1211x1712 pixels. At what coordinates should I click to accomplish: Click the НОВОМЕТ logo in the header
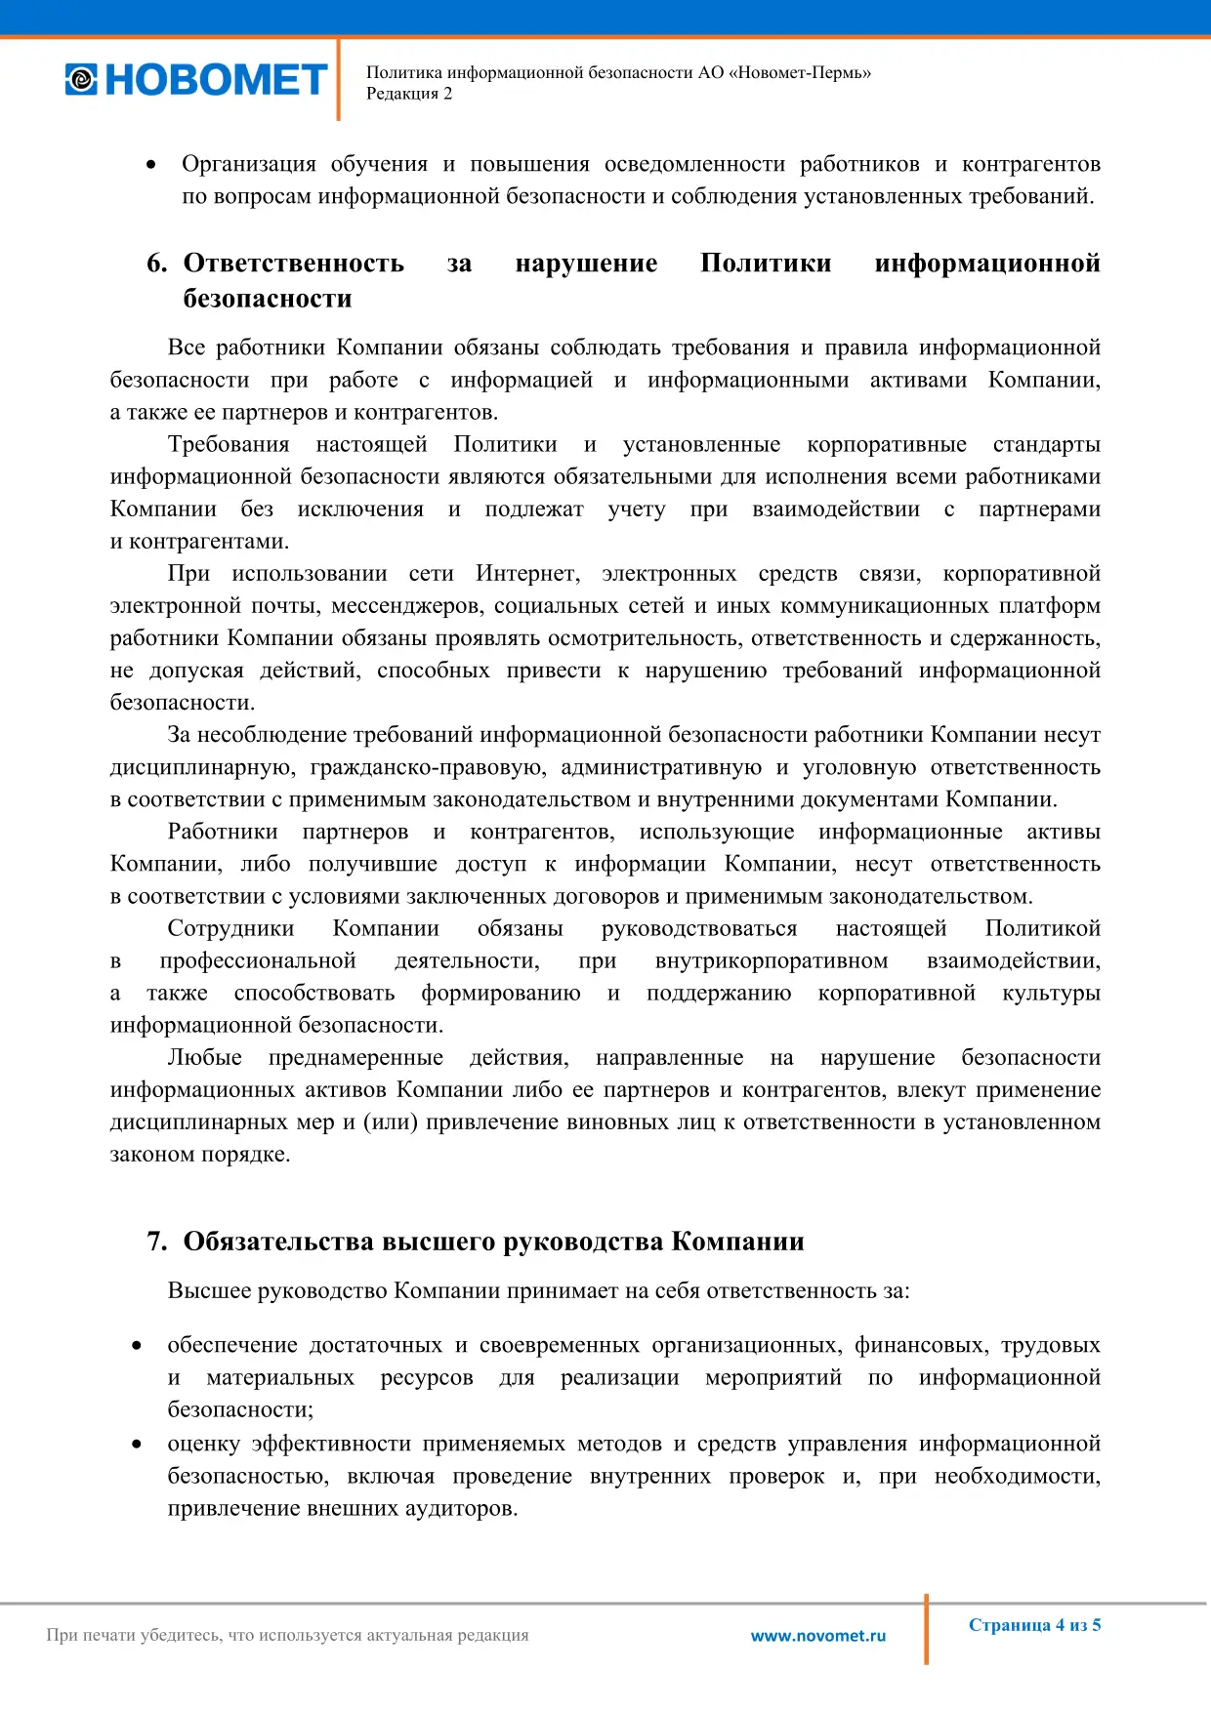pos(196,80)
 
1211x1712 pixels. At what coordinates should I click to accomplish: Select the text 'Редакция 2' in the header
pos(409,94)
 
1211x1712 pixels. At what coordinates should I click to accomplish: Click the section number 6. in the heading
pos(156,264)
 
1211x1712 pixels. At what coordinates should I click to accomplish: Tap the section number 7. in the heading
pos(156,1242)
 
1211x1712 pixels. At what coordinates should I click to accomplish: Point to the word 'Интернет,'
pos(527,574)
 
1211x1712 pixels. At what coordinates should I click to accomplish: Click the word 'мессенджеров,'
pos(407,606)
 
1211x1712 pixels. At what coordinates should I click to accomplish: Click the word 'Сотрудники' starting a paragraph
pos(230,928)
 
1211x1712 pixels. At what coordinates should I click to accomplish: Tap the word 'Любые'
pos(204,1058)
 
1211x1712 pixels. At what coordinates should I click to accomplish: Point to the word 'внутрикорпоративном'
pos(772,960)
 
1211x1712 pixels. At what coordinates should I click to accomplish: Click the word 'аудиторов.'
pos(460,1508)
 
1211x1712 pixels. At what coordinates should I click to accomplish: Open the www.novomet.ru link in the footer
pos(818,1636)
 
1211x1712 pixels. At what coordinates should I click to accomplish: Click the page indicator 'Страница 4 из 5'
pos(1034,1625)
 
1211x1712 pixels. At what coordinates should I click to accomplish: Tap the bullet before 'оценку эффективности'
pos(137,1444)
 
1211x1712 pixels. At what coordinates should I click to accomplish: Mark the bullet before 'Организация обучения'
pos(150,165)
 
